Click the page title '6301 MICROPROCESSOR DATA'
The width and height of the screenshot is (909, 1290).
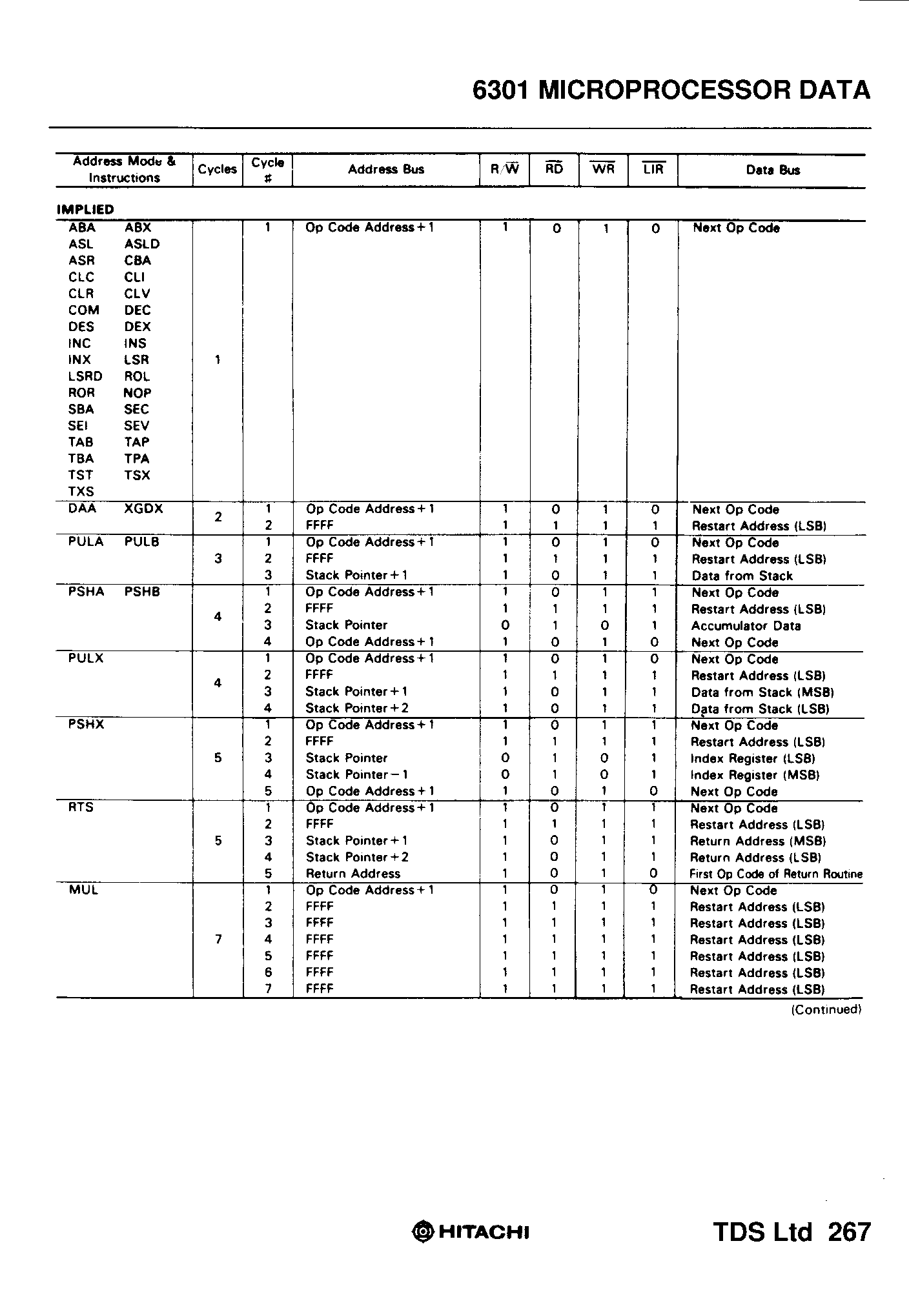click(x=671, y=90)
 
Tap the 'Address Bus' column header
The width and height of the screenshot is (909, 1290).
click(x=385, y=170)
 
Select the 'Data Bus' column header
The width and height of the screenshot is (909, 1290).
click(x=773, y=170)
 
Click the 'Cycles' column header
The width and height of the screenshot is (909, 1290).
click(x=217, y=170)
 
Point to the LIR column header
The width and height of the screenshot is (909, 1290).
click(x=653, y=169)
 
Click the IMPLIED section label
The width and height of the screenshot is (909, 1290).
click(x=85, y=210)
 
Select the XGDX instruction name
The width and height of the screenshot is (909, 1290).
click(x=143, y=509)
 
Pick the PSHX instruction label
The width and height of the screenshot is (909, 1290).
click(x=86, y=725)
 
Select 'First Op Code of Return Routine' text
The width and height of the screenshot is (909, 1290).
click(x=775, y=874)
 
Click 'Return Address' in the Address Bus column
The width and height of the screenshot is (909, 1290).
click(x=352, y=874)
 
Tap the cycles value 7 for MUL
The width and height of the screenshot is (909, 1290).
click(x=218, y=940)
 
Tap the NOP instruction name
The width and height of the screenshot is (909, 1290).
click(x=138, y=393)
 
